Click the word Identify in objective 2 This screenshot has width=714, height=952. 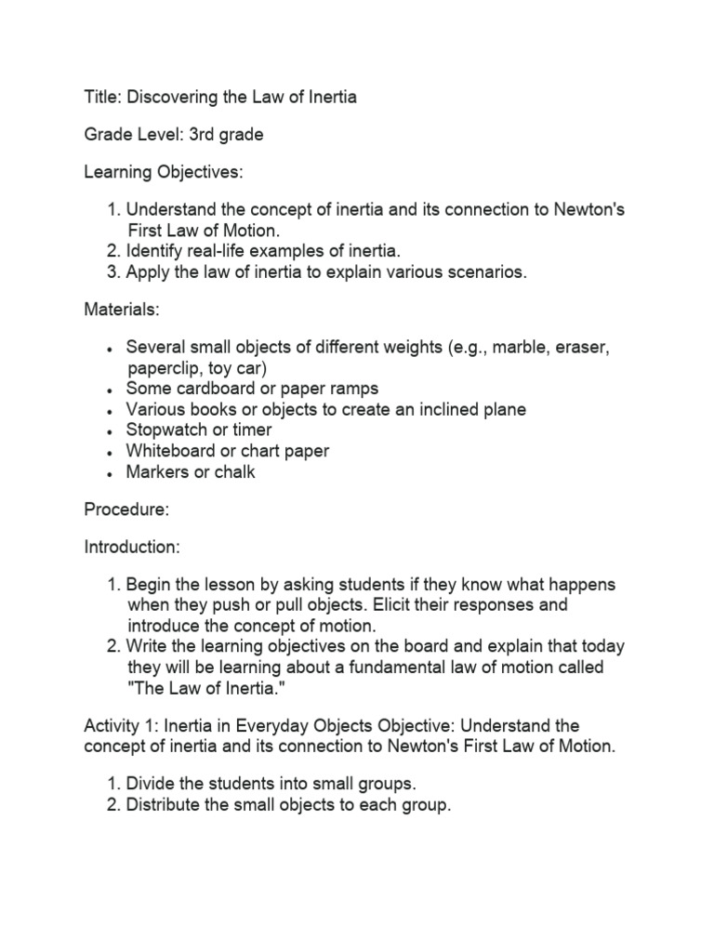pos(155,251)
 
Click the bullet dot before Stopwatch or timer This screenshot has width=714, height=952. pos(111,431)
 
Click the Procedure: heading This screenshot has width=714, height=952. pos(122,509)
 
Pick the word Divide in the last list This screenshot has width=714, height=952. pos(152,785)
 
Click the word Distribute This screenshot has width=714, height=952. pos(167,805)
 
